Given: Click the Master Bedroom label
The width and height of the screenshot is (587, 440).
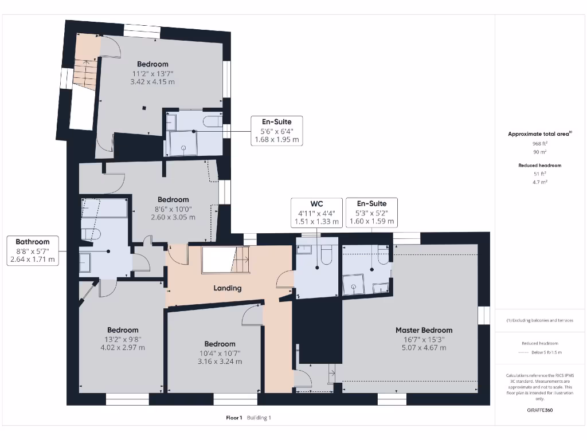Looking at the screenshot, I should [x=424, y=330].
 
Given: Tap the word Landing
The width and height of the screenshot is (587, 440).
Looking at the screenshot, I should [x=228, y=288].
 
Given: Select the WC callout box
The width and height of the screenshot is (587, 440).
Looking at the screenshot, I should [x=316, y=213].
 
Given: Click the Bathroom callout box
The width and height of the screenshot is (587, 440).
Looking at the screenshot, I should [x=33, y=251].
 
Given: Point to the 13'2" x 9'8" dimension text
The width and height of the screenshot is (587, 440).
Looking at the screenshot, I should [x=123, y=339].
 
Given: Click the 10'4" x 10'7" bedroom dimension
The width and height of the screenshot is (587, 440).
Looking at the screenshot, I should [x=220, y=353].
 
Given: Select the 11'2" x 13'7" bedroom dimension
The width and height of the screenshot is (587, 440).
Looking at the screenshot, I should [x=152, y=73].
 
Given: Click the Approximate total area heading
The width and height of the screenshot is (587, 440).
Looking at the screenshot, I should [x=539, y=134].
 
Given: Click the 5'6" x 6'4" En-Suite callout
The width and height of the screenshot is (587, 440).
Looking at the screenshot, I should [x=276, y=131].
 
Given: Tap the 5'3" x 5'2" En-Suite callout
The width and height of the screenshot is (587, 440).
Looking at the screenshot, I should [x=371, y=213].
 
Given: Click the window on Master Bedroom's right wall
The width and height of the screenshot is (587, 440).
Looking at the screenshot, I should [x=484, y=315].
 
